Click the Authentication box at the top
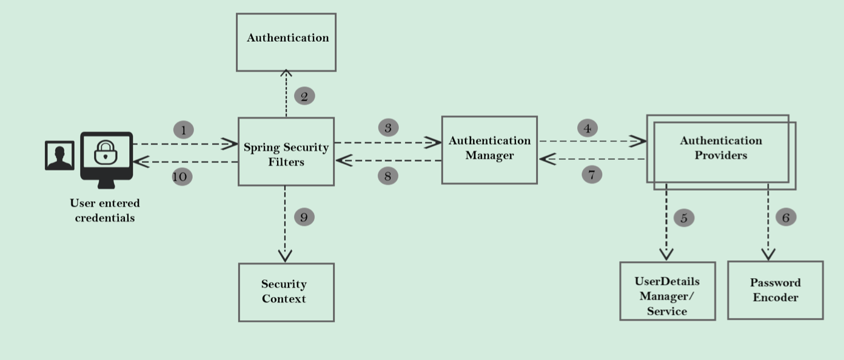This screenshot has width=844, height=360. (x=286, y=42)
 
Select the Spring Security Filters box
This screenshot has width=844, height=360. (x=286, y=152)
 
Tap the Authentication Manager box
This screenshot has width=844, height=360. (x=489, y=150)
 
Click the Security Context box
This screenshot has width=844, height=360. (x=286, y=292)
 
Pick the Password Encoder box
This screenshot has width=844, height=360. (x=775, y=290)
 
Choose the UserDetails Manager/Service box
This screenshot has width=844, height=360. (x=667, y=291)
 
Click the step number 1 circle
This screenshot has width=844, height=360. (x=183, y=130)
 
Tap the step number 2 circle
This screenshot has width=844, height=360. (x=304, y=96)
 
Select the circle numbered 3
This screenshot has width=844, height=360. (x=388, y=128)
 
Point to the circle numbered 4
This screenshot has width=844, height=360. (x=587, y=128)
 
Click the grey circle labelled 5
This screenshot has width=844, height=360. (x=683, y=218)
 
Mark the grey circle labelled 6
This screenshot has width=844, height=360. (x=786, y=218)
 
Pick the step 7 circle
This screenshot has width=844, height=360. (x=592, y=175)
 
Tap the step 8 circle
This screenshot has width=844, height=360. (x=387, y=176)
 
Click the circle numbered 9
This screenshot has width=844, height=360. (x=304, y=217)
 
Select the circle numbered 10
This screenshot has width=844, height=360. (x=182, y=176)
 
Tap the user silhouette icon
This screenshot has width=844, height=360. (x=59, y=156)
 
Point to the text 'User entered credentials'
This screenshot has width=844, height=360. (x=105, y=210)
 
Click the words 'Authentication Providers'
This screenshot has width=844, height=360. (x=720, y=148)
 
